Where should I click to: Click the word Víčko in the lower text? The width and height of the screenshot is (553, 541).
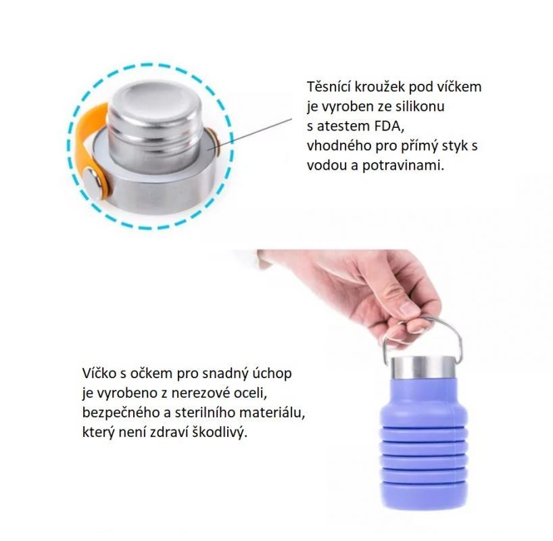[x=99, y=373]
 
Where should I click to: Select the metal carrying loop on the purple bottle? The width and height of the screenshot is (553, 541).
[x=423, y=339]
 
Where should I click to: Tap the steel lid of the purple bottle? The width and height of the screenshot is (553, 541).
[x=423, y=367]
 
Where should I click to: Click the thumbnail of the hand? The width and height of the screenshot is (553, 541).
[x=410, y=309]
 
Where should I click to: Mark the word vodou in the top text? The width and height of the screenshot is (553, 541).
[x=327, y=166]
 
